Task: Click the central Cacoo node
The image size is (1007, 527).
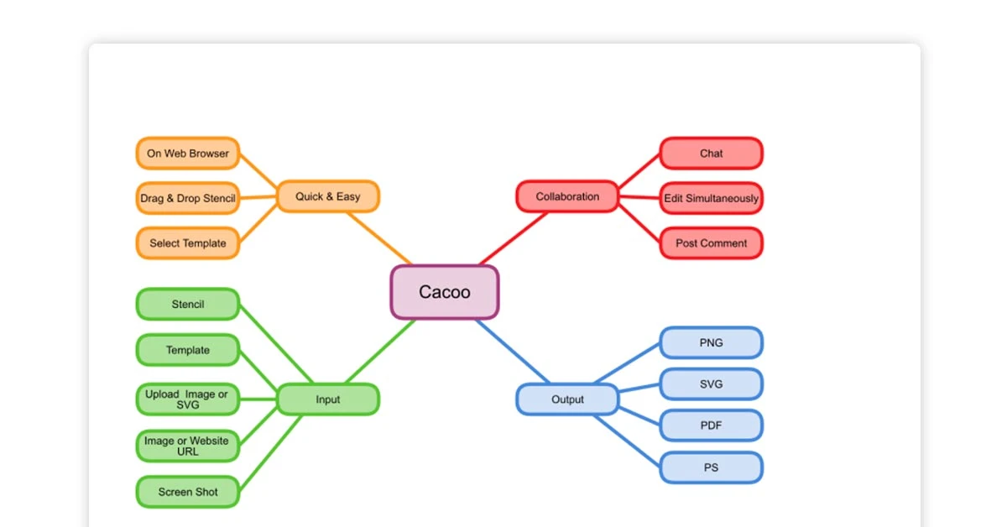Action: point(445,292)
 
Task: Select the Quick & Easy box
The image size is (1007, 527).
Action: point(327,196)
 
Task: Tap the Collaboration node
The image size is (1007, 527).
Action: point(567,196)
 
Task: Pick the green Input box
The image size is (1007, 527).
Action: point(327,399)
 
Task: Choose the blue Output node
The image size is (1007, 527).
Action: point(567,399)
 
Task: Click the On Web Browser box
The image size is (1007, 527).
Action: point(187,154)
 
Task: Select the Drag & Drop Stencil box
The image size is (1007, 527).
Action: point(187,199)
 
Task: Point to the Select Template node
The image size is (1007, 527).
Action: point(187,243)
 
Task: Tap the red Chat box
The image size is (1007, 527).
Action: point(711,154)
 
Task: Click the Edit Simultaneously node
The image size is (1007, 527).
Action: point(711,199)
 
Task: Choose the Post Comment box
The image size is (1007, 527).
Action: point(711,243)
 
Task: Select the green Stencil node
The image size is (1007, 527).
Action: point(187,305)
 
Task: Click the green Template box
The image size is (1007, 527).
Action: point(187,350)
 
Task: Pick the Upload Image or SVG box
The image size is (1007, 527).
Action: point(187,399)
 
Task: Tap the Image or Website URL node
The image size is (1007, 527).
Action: point(187,446)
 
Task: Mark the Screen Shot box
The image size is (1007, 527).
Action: point(187,492)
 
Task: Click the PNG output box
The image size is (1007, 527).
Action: point(711,342)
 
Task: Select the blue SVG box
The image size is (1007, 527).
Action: point(711,384)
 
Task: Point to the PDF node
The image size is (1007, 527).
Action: point(711,425)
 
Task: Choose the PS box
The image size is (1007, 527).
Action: point(711,467)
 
